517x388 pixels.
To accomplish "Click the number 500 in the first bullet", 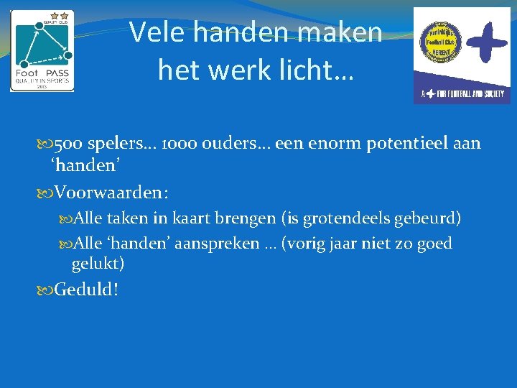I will click(x=68, y=144).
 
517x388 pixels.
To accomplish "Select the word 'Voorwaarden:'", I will click(x=112, y=193).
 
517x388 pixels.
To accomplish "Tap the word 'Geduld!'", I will click(x=87, y=290).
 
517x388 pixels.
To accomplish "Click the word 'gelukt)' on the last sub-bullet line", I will click(x=98, y=264).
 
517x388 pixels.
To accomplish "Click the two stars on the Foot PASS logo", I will click(x=60, y=15).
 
